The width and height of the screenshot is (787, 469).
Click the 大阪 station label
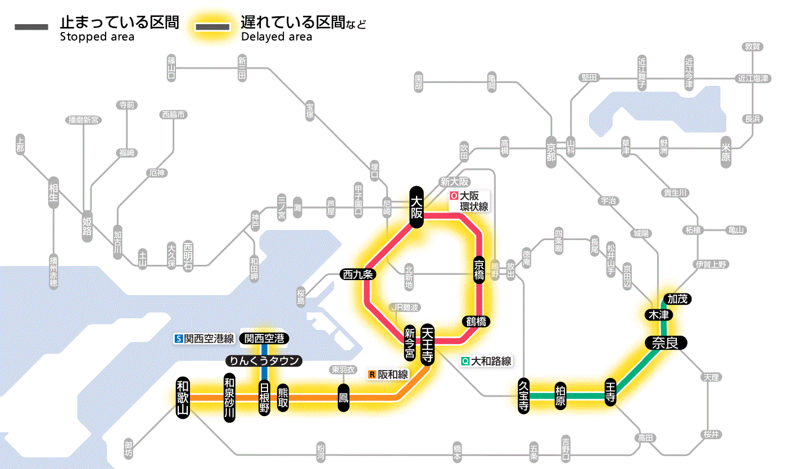click(416, 207)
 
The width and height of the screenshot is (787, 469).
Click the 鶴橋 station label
click(476, 322)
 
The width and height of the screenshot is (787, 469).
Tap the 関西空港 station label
click(264, 339)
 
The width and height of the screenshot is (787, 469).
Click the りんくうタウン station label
click(264, 361)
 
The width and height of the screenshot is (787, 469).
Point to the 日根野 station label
click(264, 398)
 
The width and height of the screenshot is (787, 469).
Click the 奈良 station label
click(665, 342)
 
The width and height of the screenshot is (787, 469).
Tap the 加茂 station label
click(677, 299)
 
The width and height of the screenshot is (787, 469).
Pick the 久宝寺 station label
click(523, 396)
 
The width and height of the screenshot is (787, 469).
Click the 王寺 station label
click(611, 393)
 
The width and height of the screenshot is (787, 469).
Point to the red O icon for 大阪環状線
click(454, 196)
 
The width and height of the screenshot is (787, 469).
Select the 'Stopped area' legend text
click(97, 37)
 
